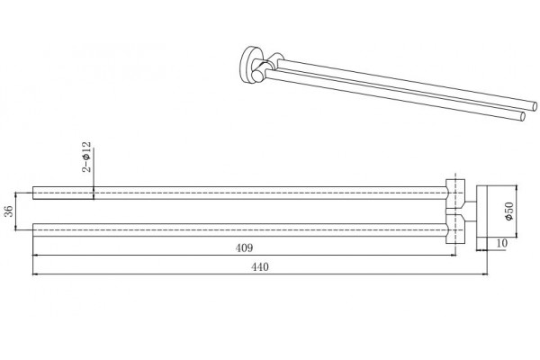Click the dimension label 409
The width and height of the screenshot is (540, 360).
click(x=244, y=247)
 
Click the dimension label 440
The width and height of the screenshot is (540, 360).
click(x=260, y=266)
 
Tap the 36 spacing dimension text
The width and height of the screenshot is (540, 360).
click(x=9, y=211)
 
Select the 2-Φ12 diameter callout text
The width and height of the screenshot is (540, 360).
click(x=86, y=157)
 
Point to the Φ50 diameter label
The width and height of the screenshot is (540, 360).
click(x=509, y=211)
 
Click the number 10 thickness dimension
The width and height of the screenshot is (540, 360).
click(x=502, y=243)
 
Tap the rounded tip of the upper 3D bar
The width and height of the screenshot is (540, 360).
click(x=535, y=106)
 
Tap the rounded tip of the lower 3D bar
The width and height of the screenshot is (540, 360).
click(x=523, y=116)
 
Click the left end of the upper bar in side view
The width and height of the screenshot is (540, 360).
click(x=33, y=193)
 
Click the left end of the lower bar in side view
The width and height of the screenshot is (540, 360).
click(x=33, y=229)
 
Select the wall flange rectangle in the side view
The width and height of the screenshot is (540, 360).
click(x=481, y=211)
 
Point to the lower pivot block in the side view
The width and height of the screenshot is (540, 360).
click(x=455, y=229)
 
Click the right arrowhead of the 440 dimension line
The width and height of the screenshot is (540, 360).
click(x=485, y=274)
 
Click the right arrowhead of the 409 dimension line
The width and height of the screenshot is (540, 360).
click(x=454, y=256)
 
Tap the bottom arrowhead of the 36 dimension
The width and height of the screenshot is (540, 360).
click(x=16, y=228)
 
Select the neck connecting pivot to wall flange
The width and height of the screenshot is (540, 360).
click(x=471, y=211)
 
